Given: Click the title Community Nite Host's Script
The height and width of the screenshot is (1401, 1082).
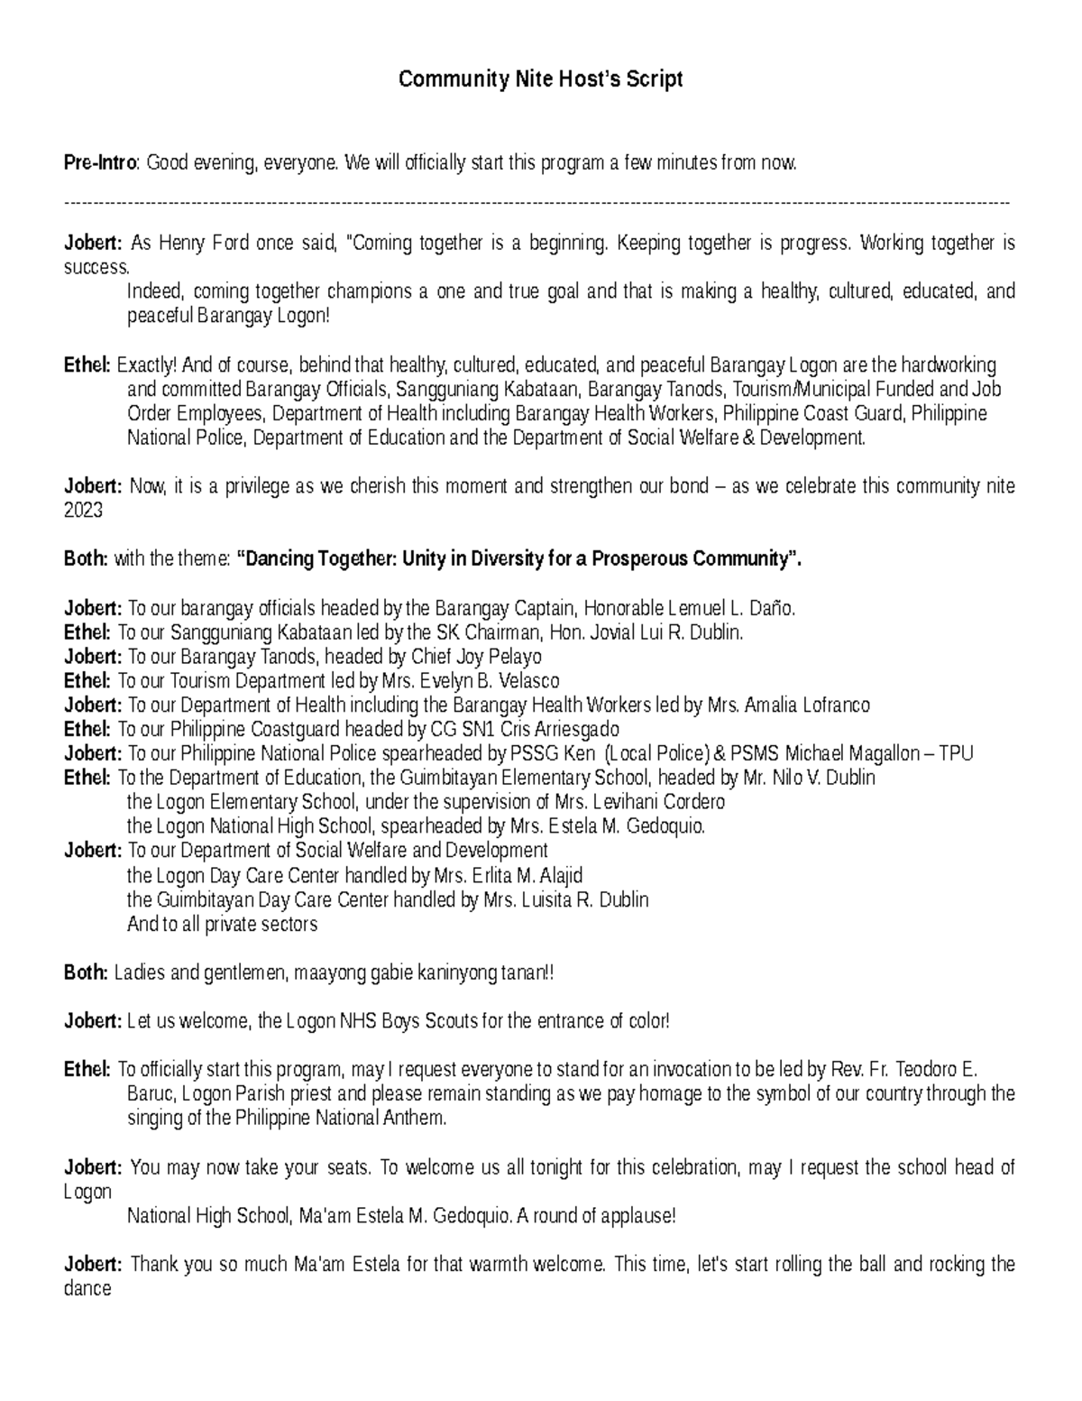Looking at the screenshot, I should click(540, 79).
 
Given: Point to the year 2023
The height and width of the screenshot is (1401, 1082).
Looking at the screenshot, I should click(83, 511).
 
